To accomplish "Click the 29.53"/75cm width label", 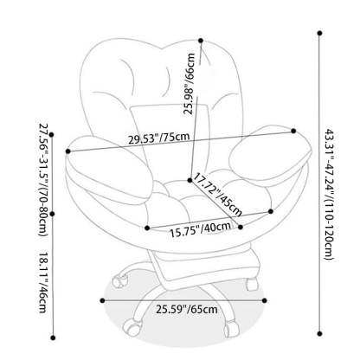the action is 159,138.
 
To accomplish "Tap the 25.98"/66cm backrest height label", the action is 190,84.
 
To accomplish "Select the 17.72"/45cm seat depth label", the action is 216,195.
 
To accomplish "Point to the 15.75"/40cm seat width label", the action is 200,229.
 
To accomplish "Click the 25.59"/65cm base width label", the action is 187,310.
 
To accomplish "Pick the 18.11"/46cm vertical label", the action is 42,283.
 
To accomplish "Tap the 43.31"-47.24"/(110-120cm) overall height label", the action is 329,195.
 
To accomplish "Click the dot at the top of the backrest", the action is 201,41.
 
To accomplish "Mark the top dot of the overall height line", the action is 319,33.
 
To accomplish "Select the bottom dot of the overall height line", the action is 319,334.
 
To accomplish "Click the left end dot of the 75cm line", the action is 68,151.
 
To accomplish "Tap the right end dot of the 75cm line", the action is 293,131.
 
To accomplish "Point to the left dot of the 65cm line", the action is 102,300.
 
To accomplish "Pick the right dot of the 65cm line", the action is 265,300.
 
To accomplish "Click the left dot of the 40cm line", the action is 147,228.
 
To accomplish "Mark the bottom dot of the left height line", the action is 53,337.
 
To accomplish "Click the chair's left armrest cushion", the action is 110,166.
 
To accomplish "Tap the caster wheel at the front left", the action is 132,327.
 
